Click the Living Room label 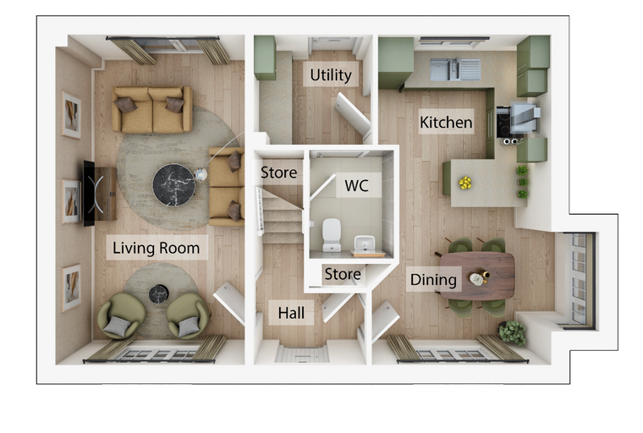click(x=157, y=248)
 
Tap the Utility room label click(x=331, y=75)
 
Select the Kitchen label click(x=446, y=122)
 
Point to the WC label click(x=356, y=186)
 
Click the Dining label click(x=433, y=280)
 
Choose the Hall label click(x=291, y=313)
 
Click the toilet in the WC click(x=332, y=234)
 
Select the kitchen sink click(x=455, y=69)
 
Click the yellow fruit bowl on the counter click(x=465, y=183)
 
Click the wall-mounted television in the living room click(x=90, y=193)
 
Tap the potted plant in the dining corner click(x=512, y=332)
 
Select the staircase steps click(x=283, y=216)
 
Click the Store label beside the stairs click(x=279, y=173)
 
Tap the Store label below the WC click(x=343, y=274)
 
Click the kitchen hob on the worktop click(x=503, y=121)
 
